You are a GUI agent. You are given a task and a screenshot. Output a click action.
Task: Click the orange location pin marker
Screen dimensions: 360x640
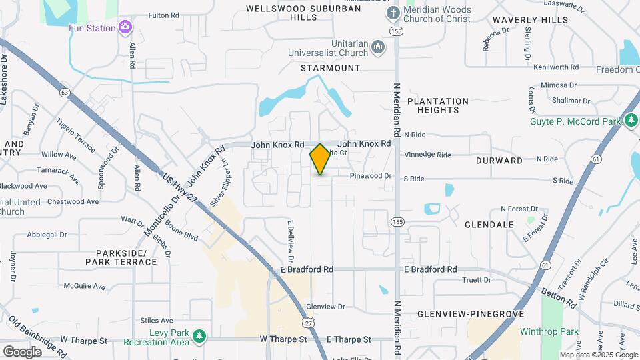(x=320, y=159)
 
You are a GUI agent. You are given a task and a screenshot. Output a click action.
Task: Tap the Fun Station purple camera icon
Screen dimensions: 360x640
(x=125, y=27)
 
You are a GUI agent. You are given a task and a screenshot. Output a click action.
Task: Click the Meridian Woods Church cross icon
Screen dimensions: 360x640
(x=393, y=13)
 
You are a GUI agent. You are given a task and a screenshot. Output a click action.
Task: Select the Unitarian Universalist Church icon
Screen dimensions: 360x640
(x=378, y=47)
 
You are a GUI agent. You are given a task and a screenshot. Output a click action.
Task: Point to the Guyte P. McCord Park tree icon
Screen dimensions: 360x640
(x=631, y=121)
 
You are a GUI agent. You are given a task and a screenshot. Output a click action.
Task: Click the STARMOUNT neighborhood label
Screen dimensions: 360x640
(x=330, y=68)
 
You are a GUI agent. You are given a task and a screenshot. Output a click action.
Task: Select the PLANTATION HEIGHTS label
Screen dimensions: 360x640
(x=438, y=105)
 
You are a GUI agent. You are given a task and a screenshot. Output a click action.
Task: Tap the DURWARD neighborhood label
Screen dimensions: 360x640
(x=499, y=161)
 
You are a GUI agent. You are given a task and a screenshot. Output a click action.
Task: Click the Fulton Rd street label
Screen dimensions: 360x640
(x=163, y=15)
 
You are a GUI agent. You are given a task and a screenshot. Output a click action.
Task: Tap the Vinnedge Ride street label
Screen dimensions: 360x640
(x=427, y=155)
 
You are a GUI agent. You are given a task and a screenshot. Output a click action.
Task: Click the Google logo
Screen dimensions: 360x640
(x=23, y=351)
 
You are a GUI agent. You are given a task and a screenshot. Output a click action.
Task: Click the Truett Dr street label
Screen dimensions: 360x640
(x=477, y=280)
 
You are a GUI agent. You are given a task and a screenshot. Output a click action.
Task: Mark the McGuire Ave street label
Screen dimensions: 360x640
(x=85, y=287)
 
